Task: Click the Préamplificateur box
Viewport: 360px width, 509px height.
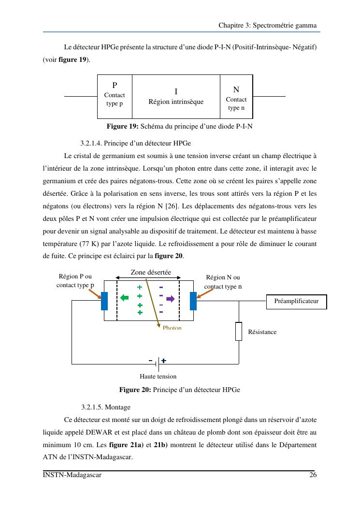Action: click(x=296, y=301)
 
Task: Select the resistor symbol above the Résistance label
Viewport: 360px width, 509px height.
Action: click(x=239, y=331)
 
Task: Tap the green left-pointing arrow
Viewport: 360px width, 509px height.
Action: click(x=125, y=298)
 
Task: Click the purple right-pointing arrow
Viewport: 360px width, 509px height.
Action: click(x=170, y=299)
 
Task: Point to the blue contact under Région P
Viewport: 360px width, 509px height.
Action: click(x=104, y=301)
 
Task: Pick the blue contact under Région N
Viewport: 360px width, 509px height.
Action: click(x=193, y=301)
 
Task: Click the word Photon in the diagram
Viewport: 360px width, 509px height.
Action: click(x=172, y=328)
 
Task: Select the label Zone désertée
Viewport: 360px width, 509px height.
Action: click(x=151, y=273)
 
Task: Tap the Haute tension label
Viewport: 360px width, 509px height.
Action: click(x=158, y=377)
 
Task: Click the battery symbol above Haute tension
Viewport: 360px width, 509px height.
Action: click(x=158, y=361)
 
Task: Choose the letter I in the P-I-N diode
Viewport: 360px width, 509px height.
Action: click(x=176, y=91)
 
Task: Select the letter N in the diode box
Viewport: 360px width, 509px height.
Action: click(x=236, y=89)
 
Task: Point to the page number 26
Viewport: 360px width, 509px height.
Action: click(x=313, y=475)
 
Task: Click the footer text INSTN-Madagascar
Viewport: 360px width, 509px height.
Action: click(x=72, y=475)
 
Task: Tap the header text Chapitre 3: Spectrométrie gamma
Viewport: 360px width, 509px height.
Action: click(x=267, y=25)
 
